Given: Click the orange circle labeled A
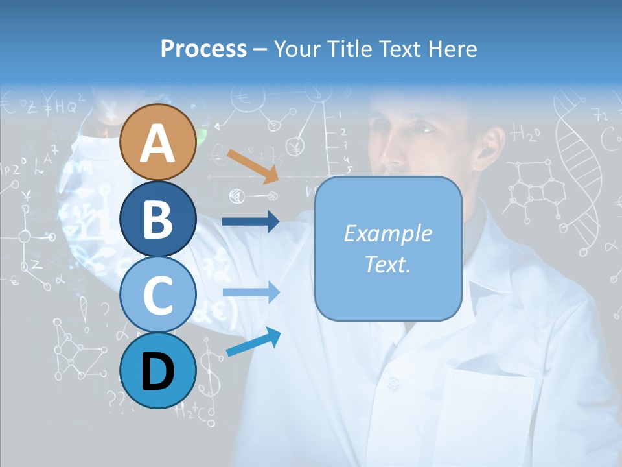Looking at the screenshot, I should (x=157, y=142).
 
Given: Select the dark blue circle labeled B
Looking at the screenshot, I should (x=157, y=219).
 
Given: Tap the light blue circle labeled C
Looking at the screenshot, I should (x=157, y=294).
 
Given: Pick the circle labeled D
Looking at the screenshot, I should (x=157, y=370).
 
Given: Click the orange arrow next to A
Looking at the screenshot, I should (x=253, y=166).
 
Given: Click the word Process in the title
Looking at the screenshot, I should (x=203, y=49).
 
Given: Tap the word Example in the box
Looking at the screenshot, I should (x=387, y=233).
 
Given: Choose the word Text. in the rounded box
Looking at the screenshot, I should (x=387, y=264).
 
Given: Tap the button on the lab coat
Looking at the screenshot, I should (x=393, y=381).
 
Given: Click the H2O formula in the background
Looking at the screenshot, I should (x=525, y=133).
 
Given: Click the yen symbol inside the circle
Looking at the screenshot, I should (x=296, y=145).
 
